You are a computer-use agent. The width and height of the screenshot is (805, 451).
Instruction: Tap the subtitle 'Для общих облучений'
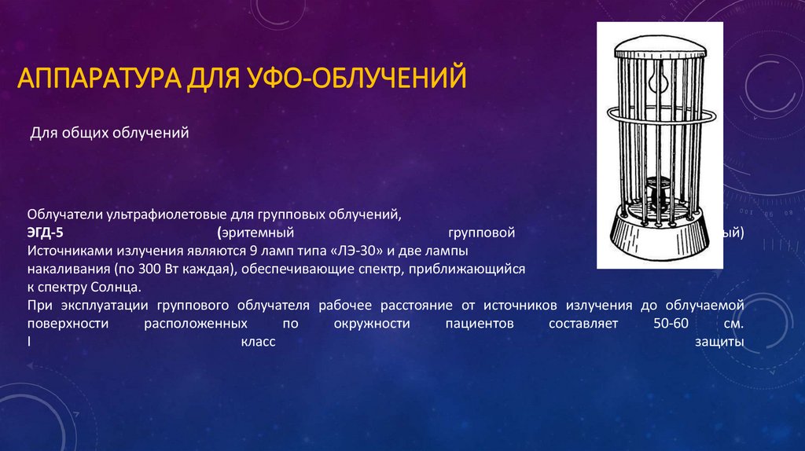[x=110, y=134]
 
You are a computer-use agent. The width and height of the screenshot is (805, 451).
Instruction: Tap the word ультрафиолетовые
[x=159, y=214]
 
